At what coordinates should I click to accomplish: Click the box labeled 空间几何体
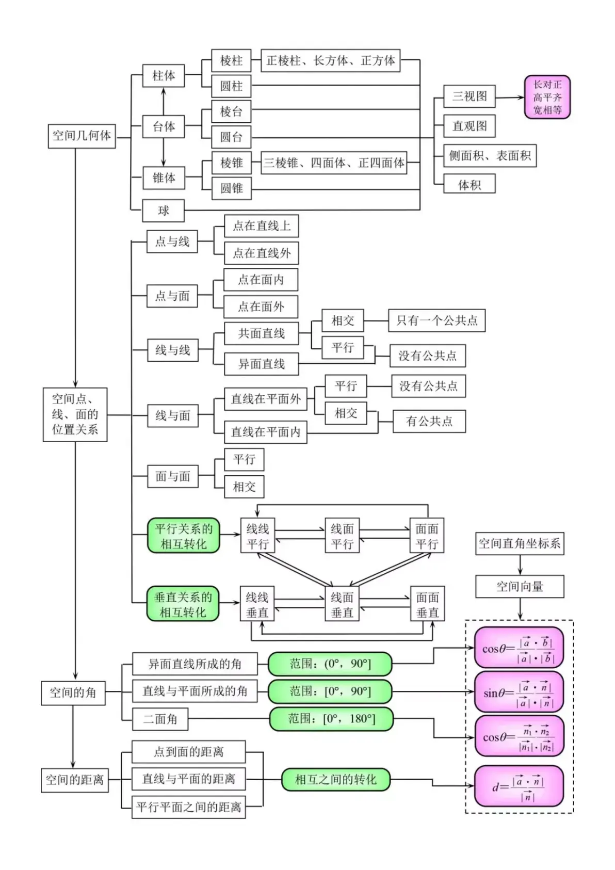point(82,136)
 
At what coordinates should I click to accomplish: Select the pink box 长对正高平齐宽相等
point(547,97)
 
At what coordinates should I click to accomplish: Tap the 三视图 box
point(469,96)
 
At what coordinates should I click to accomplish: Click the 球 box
point(163,211)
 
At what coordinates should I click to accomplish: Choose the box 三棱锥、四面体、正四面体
point(334,163)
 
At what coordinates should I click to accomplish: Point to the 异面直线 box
point(261,364)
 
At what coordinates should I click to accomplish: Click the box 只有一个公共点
point(436,321)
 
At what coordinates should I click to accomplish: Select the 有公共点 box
point(429,422)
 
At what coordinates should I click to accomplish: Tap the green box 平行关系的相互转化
point(184,536)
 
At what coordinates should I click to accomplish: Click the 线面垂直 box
point(342,605)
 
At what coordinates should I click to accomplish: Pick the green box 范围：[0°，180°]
point(331,719)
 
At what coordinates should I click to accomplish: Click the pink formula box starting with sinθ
point(519,692)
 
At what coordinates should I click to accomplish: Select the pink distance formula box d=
point(519,786)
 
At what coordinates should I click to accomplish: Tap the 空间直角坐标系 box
point(520,543)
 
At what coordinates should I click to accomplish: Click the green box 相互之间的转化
point(335,780)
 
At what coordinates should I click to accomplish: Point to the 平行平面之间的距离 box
point(188,807)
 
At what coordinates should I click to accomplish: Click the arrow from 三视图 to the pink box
point(510,97)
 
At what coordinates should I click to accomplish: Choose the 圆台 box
point(231,137)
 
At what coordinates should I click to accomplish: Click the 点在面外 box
point(261,307)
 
